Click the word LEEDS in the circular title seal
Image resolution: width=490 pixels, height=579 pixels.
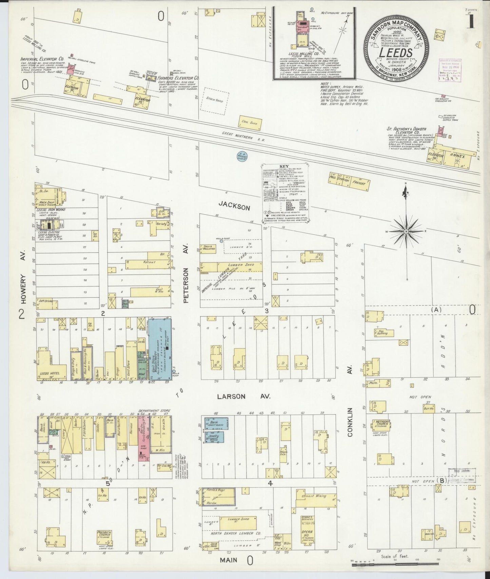coord(395,52)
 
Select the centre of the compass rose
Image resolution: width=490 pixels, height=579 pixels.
coord(406,231)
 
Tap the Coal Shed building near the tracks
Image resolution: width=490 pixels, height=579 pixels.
coord(249,123)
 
